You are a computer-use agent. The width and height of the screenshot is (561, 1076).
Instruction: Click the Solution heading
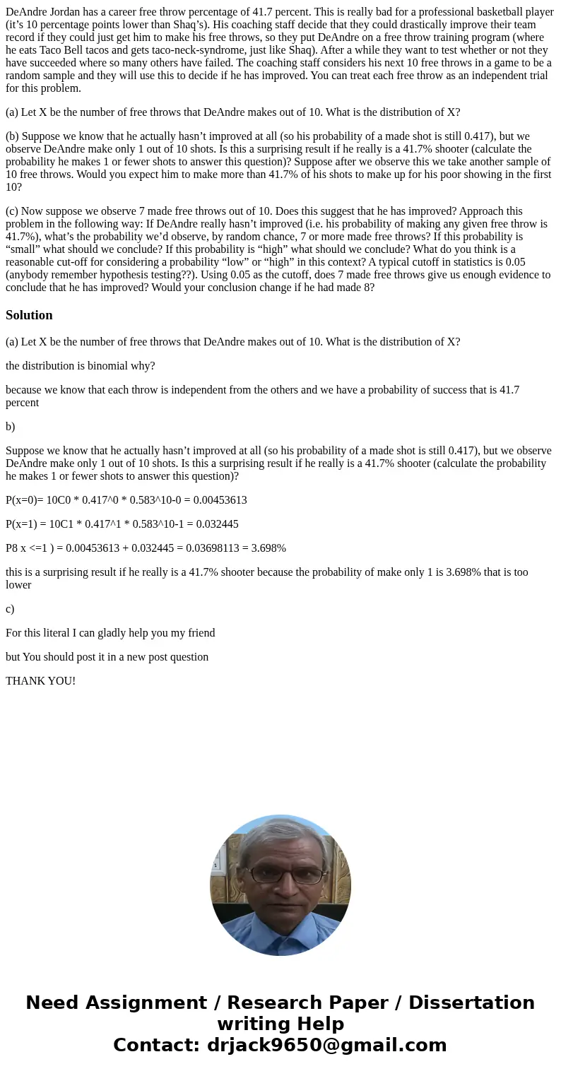tap(29, 315)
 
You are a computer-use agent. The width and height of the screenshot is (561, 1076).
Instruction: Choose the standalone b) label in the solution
tap(10, 427)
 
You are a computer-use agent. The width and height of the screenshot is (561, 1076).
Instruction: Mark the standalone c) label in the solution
tap(10, 609)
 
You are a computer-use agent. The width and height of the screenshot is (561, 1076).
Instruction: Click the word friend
tap(199, 633)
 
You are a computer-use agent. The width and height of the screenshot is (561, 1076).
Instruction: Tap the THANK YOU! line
tap(40, 681)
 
